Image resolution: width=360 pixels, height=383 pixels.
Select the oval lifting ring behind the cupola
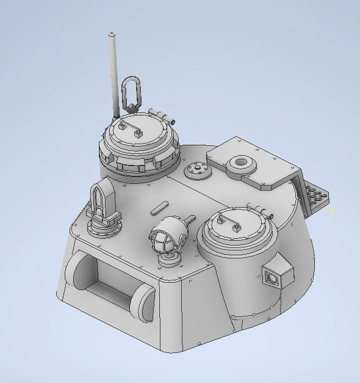[x=131, y=92]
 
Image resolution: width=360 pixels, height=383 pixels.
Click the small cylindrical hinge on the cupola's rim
[x=160, y=114]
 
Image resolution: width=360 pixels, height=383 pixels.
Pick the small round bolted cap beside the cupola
[x=198, y=170]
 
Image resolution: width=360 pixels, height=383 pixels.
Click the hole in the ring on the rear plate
[x=240, y=162]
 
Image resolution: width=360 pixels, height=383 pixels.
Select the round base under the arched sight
[x=104, y=228]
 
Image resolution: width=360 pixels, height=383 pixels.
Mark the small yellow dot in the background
[x=333, y=211]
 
